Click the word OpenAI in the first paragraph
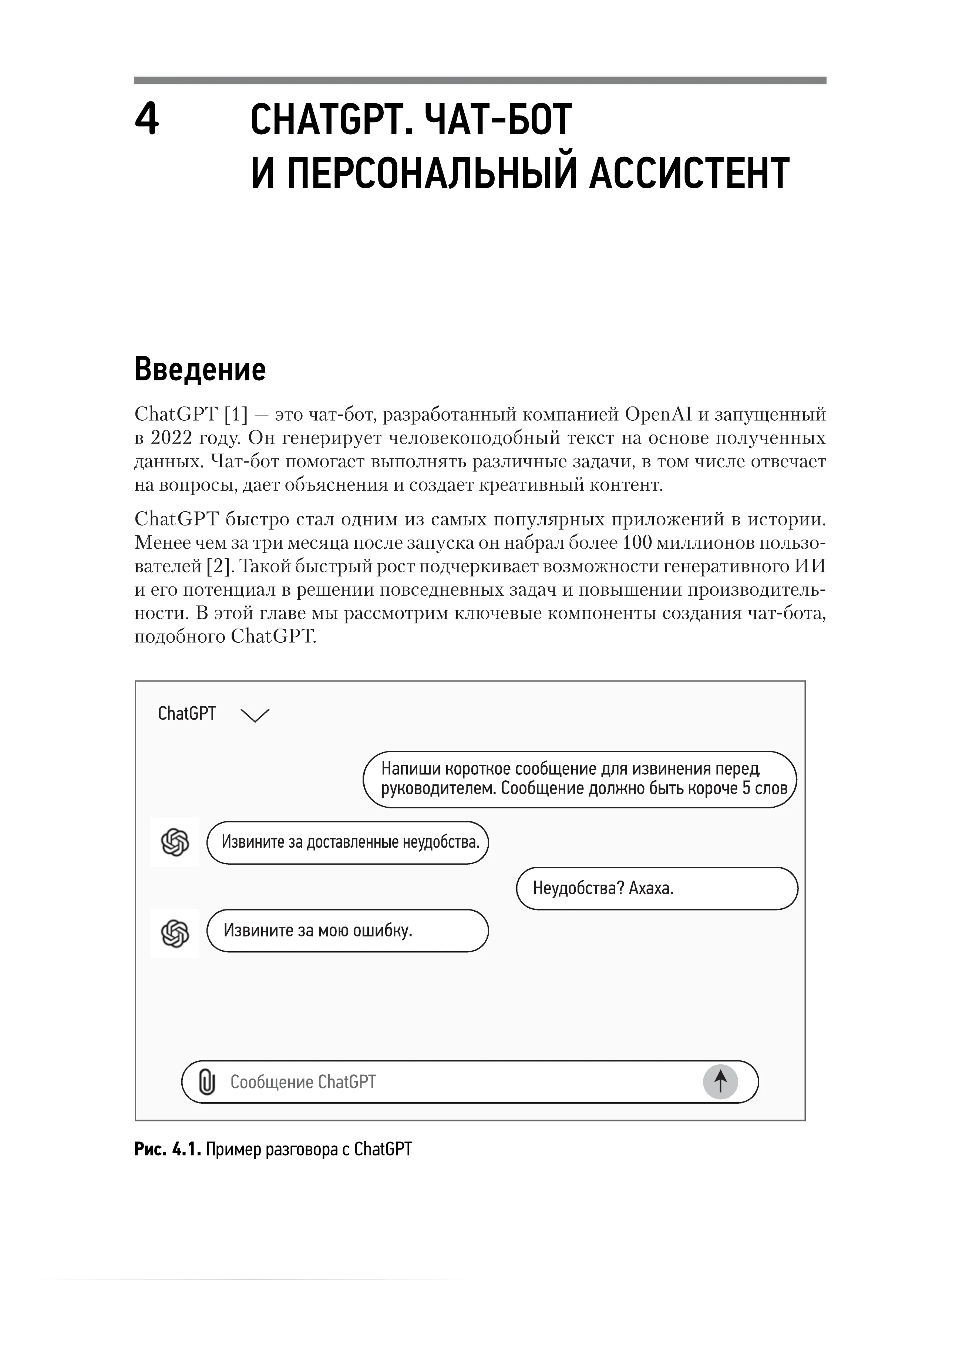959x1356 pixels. pyautogui.click(x=659, y=415)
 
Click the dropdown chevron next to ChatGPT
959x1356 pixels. pyautogui.click(x=255, y=715)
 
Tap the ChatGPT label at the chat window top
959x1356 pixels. pyautogui.click(x=186, y=714)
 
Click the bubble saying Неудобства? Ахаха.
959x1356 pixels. pyautogui.click(x=657, y=888)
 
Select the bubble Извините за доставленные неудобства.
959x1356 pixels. pyautogui.click(x=348, y=842)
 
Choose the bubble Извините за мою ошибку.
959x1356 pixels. pyautogui.click(x=348, y=931)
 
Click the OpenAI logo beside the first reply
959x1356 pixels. pyautogui.click(x=175, y=842)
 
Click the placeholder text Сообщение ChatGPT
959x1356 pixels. pyautogui.click(x=303, y=1082)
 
